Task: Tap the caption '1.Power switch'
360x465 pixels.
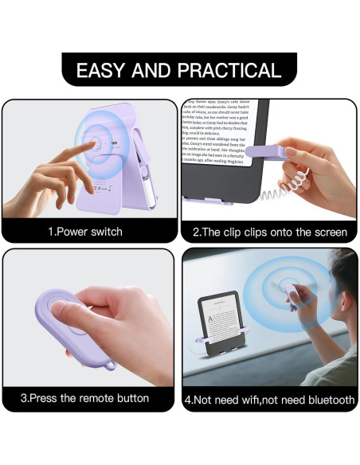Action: click(86, 232)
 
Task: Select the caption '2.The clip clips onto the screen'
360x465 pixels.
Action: click(270, 232)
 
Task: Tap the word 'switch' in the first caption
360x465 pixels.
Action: click(104, 232)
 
